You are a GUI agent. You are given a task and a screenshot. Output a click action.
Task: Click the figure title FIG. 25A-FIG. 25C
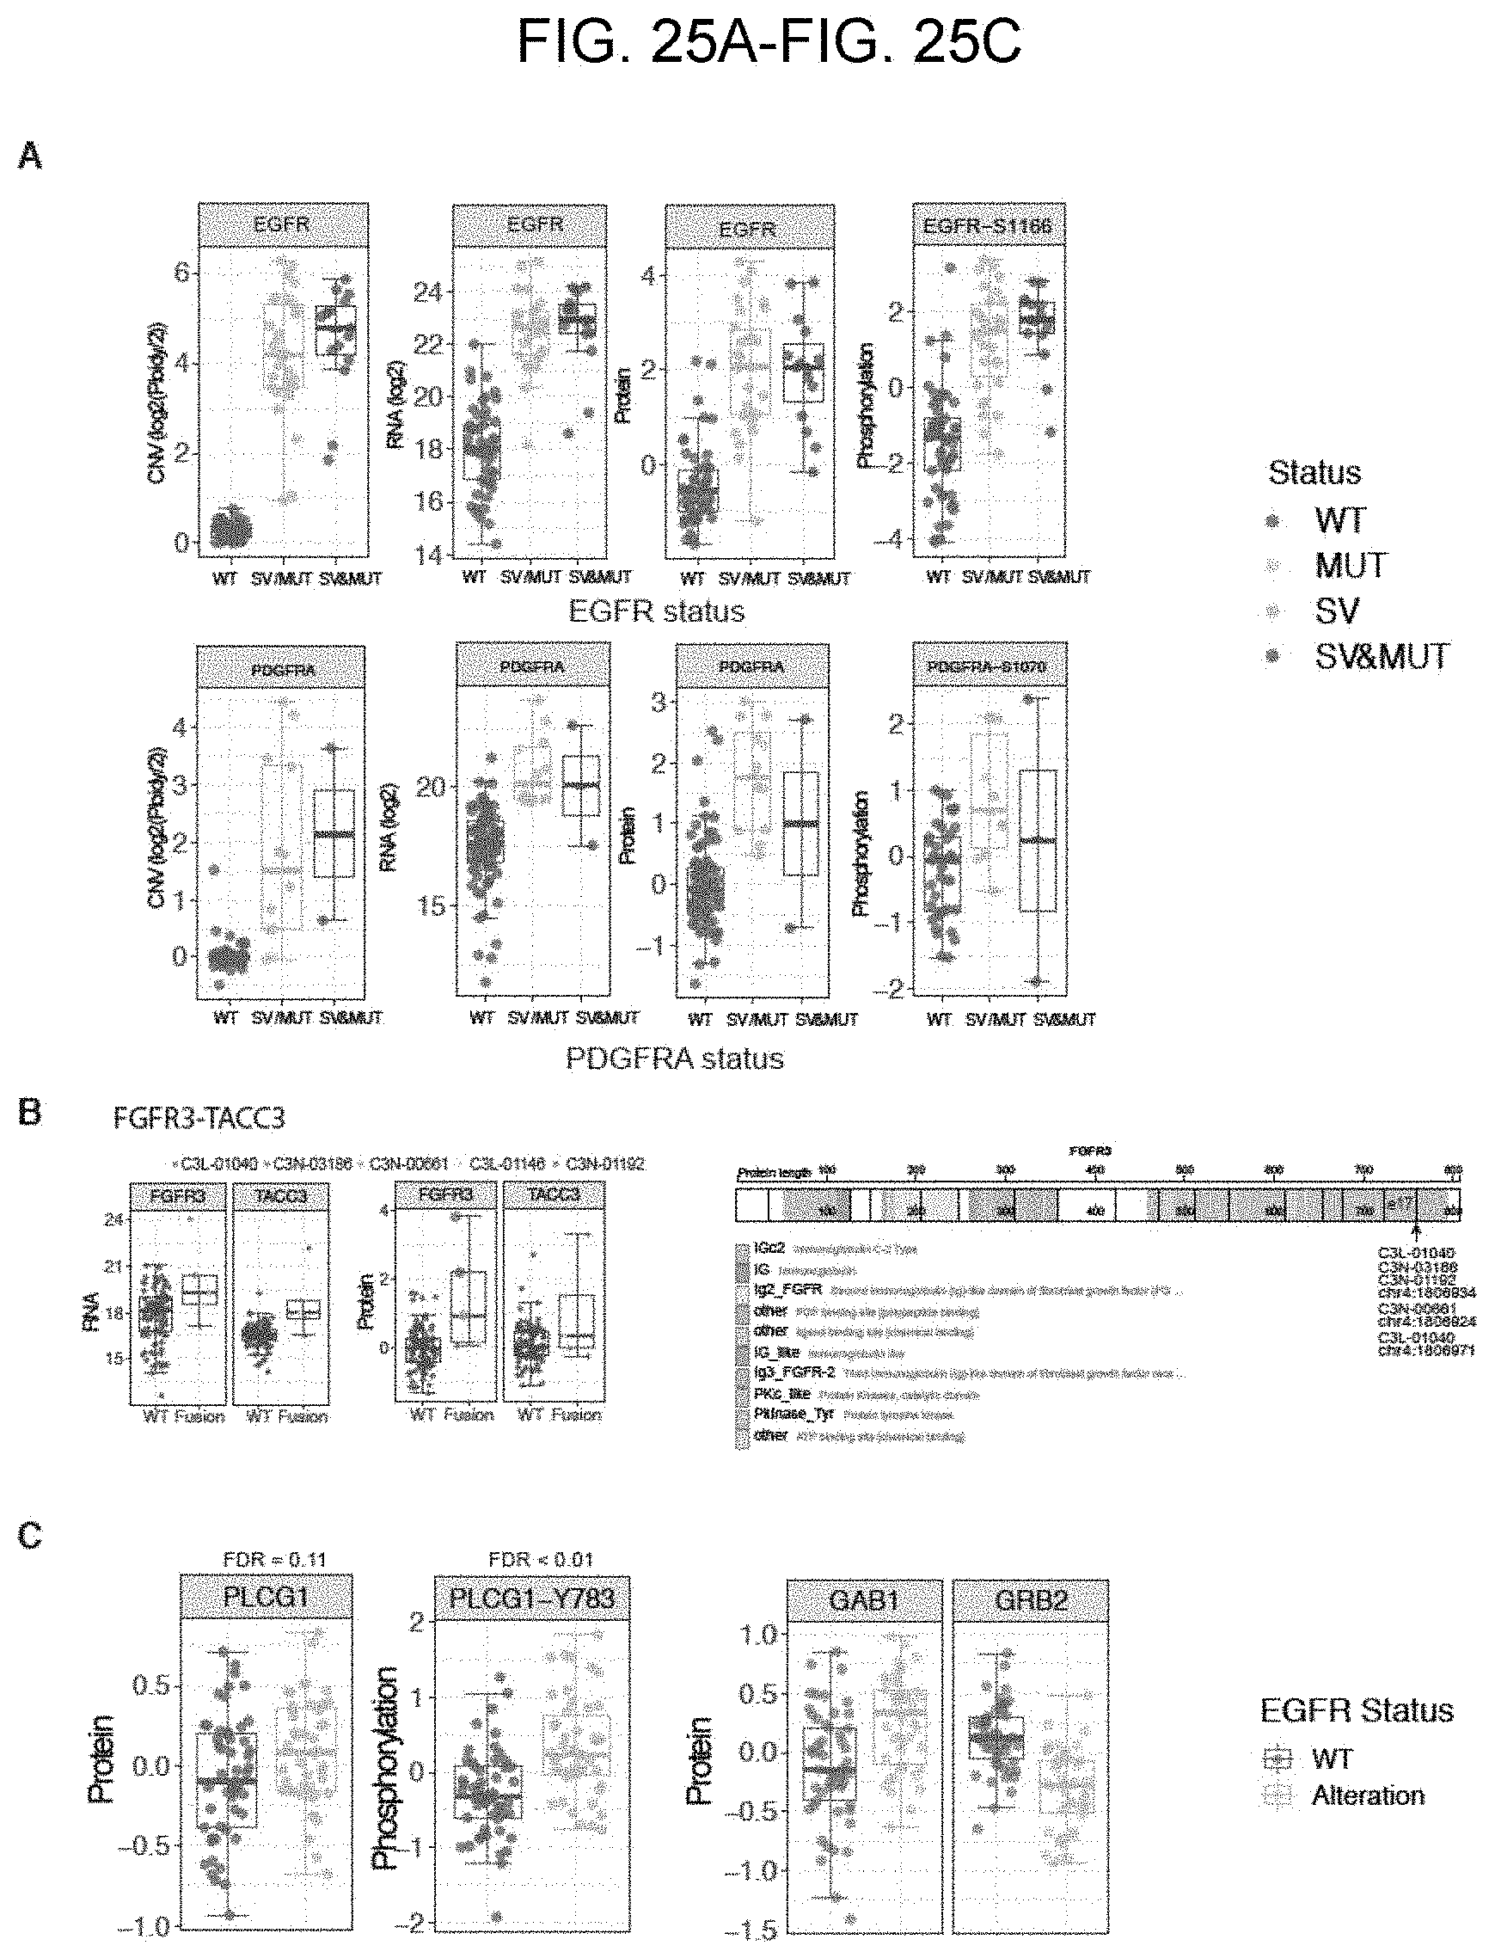(x=769, y=42)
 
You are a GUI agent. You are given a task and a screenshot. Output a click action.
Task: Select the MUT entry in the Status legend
(x=1350, y=565)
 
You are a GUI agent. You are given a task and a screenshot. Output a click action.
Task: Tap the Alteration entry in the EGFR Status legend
(x=1368, y=1795)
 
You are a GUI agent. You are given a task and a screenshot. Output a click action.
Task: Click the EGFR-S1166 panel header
(x=988, y=226)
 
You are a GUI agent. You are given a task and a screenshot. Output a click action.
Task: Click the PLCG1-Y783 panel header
(x=531, y=1598)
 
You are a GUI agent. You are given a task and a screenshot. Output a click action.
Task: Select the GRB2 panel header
(x=1030, y=1600)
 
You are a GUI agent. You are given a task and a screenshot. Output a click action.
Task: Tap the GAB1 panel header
(x=863, y=1600)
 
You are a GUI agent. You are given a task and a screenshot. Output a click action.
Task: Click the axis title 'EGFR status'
(x=657, y=611)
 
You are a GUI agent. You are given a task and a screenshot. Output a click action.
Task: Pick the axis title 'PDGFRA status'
(x=675, y=1059)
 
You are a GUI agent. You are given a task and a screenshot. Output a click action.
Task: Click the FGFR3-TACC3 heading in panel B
(x=199, y=1118)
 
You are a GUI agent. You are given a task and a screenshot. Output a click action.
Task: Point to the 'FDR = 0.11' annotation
(x=274, y=1559)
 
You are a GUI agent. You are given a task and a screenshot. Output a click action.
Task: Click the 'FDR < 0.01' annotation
(x=540, y=1559)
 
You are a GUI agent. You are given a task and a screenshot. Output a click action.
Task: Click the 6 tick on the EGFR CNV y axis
(x=181, y=273)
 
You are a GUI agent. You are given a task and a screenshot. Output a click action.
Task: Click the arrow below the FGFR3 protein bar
(x=1417, y=1231)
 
